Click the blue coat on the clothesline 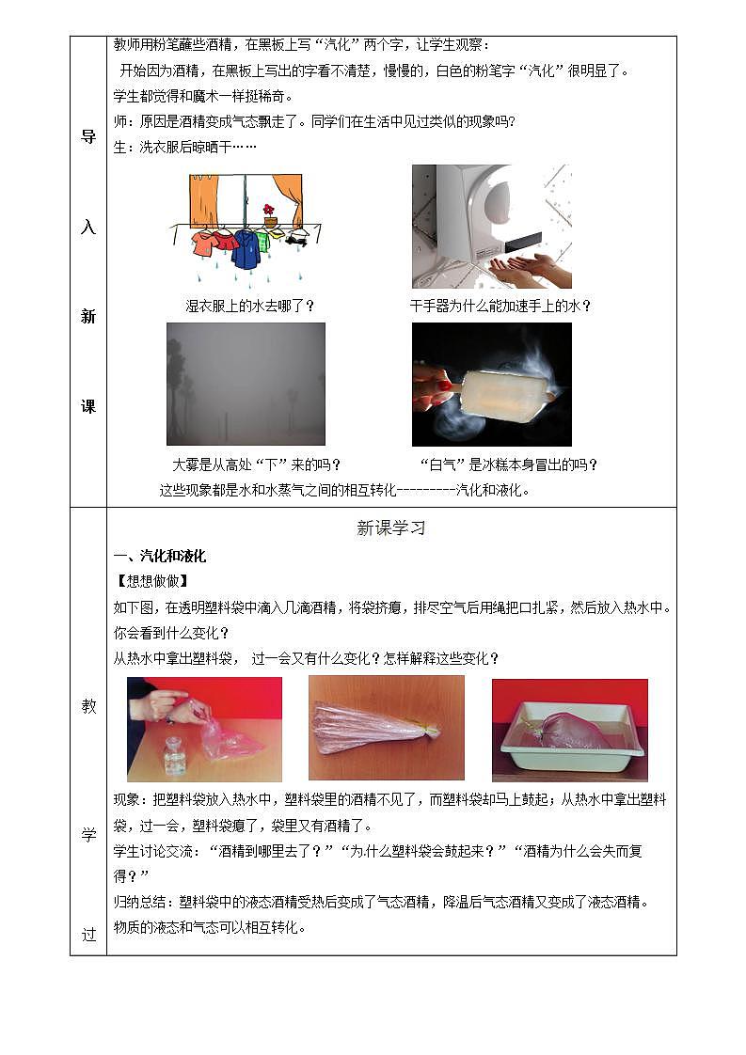[x=246, y=248]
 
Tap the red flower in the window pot [x=269, y=210]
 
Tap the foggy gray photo [x=246, y=384]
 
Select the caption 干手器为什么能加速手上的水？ [x=500, y=306]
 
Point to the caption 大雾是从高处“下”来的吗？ [x=257, y=465]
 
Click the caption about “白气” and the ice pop [x=508, y=465]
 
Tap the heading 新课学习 [x=391, y=528]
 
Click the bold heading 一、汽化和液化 [x=159, y=556]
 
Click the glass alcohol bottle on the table [x=173, y=757]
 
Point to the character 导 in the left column [x=88, y=136]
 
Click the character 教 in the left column [x=88, y=706]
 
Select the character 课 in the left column [x=88, y=406]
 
